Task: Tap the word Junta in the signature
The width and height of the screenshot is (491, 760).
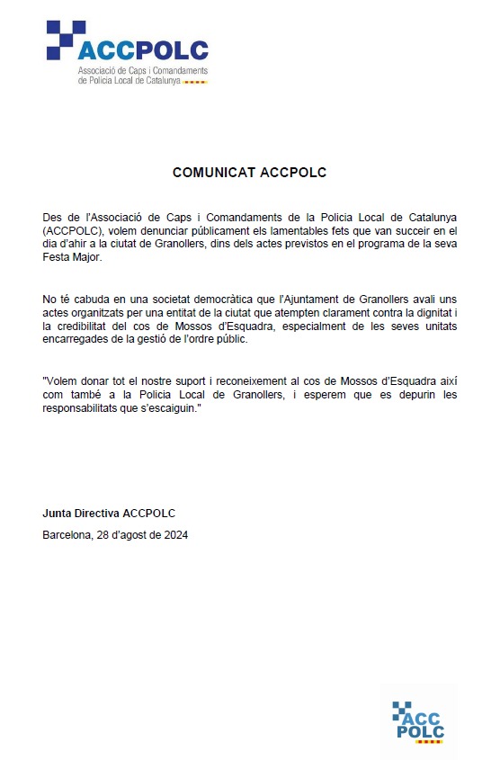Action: pyautogui.click(x=58, y=514)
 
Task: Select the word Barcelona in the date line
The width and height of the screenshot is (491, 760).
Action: pyautogui.click(x=67, y=535)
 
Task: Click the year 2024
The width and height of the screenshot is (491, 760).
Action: pyautogui.click(x=174, y=535)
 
